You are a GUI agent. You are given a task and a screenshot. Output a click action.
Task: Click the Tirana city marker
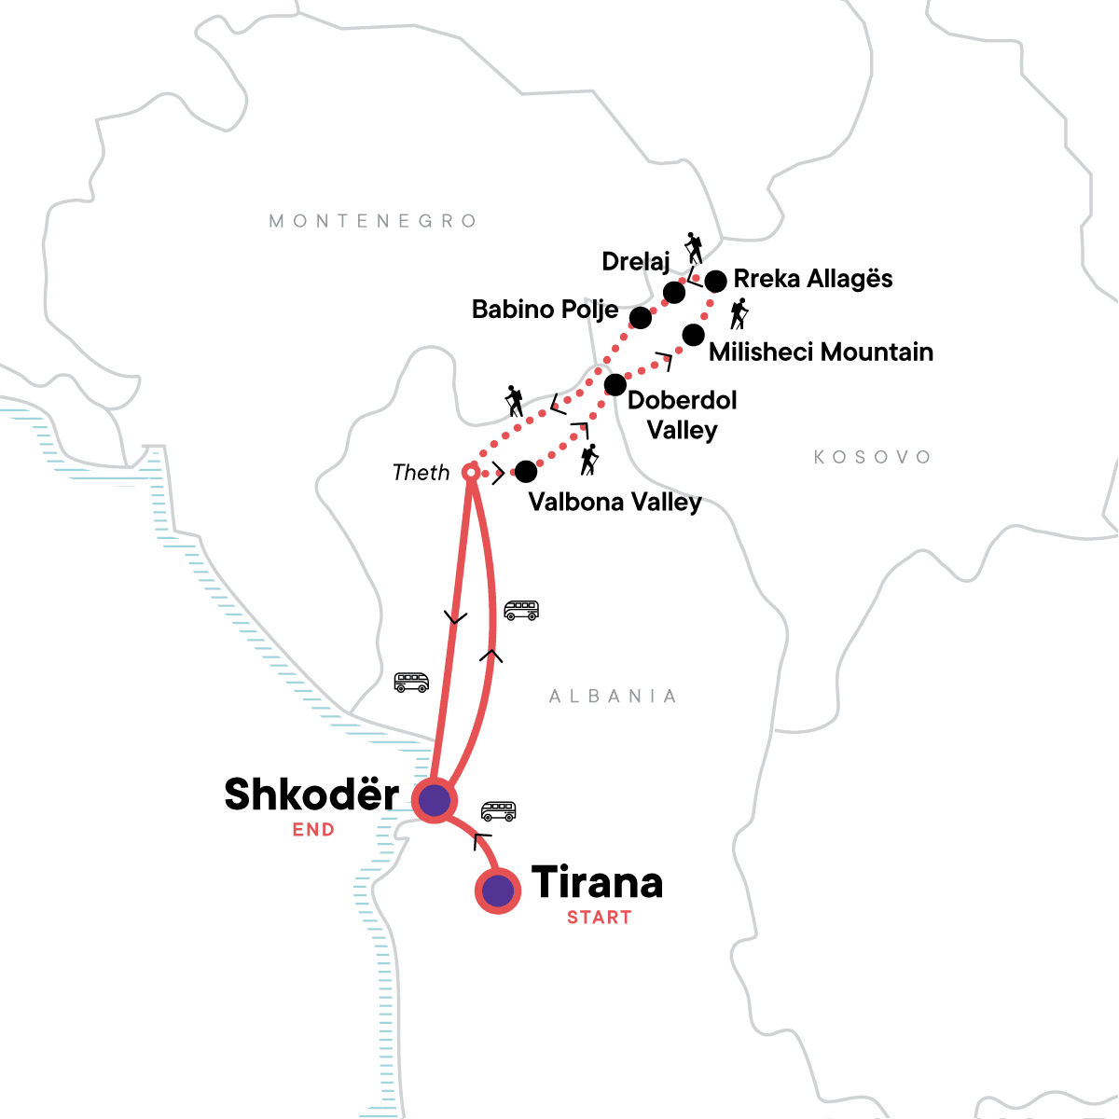[x=498, y=890]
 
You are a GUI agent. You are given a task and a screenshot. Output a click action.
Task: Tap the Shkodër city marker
[x=434, y=799]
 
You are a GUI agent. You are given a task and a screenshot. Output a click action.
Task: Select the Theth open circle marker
[x=472, y=474]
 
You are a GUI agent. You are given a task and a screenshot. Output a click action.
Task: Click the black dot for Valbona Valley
[x=526, y=472]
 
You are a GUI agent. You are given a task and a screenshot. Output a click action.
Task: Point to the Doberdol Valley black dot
[x=615, y=384]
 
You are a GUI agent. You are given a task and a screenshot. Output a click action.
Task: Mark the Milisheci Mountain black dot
[x=693, y=335]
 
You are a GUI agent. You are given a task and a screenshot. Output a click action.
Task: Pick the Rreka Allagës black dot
[x=715, y=281]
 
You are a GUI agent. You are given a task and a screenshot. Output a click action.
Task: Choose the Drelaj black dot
[x=673, y=293]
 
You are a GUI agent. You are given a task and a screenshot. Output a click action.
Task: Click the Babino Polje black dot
[x=640, y=318]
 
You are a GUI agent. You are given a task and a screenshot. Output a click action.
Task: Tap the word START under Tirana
[x=599, y=918]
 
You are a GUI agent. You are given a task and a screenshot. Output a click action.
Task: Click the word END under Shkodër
[x=313, y=830]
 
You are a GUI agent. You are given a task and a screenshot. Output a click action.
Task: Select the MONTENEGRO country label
[x=373, y=221]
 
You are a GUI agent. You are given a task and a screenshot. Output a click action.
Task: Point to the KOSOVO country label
[x=872, y=457]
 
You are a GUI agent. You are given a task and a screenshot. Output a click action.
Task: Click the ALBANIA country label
[x=613, y=697]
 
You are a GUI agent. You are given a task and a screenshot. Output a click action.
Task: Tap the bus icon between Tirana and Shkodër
[x=498, y=811]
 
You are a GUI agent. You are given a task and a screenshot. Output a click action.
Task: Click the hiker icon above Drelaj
[x=693, y=248]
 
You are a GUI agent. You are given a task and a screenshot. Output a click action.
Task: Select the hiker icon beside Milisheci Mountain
[x=739, y=314]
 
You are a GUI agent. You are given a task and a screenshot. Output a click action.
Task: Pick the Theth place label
[x=421, y=473]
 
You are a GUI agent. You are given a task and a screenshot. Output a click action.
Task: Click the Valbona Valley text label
[x=615, y=502]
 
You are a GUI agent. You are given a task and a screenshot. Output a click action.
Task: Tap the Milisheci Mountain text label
[x=821, y=352]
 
